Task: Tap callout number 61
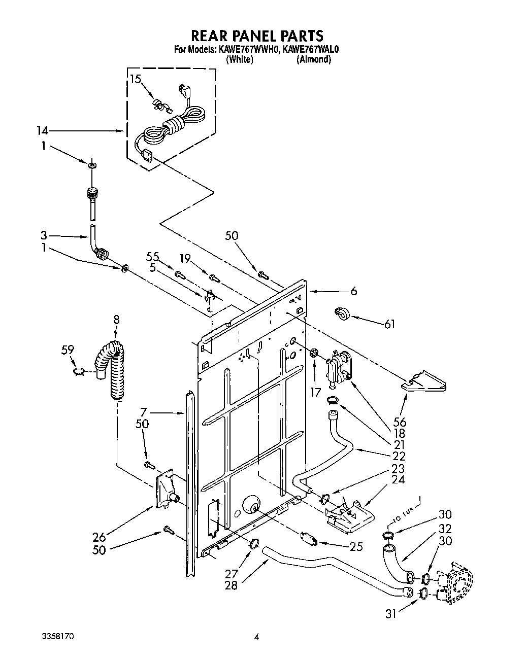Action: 389,324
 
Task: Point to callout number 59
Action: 68,350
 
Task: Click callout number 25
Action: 356,547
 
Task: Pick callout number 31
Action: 390,613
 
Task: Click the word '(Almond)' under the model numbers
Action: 314,59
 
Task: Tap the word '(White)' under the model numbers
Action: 239,59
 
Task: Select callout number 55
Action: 153,257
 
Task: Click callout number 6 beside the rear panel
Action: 353,291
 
